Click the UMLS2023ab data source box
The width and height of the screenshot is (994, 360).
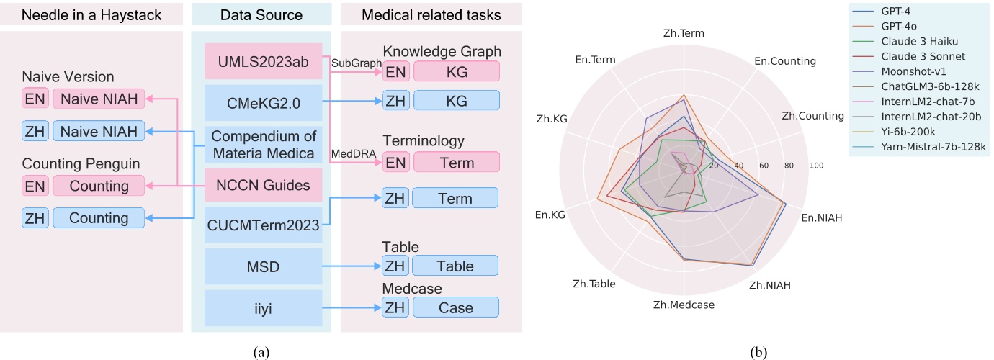pyautogui.click(x=261, y=63)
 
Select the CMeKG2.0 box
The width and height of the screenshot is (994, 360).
pyautogui.click(x=261, y=104)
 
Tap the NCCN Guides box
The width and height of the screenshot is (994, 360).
pyautogui.click(x=261, y=186)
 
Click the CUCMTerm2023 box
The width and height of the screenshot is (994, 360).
pyautogui.click(x=261, y=225)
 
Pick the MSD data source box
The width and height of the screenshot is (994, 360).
pyautogui.click(x=261, y=266)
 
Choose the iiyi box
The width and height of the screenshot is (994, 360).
pyautogui.click(x=261, y=307)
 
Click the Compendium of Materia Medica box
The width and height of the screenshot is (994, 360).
pyautogui.click(x=261, y=143)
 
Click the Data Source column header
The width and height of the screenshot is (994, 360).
pyautogui.click(x=261, y=14)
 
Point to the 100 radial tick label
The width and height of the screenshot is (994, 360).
pyautogui.click(x=815, y=166)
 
